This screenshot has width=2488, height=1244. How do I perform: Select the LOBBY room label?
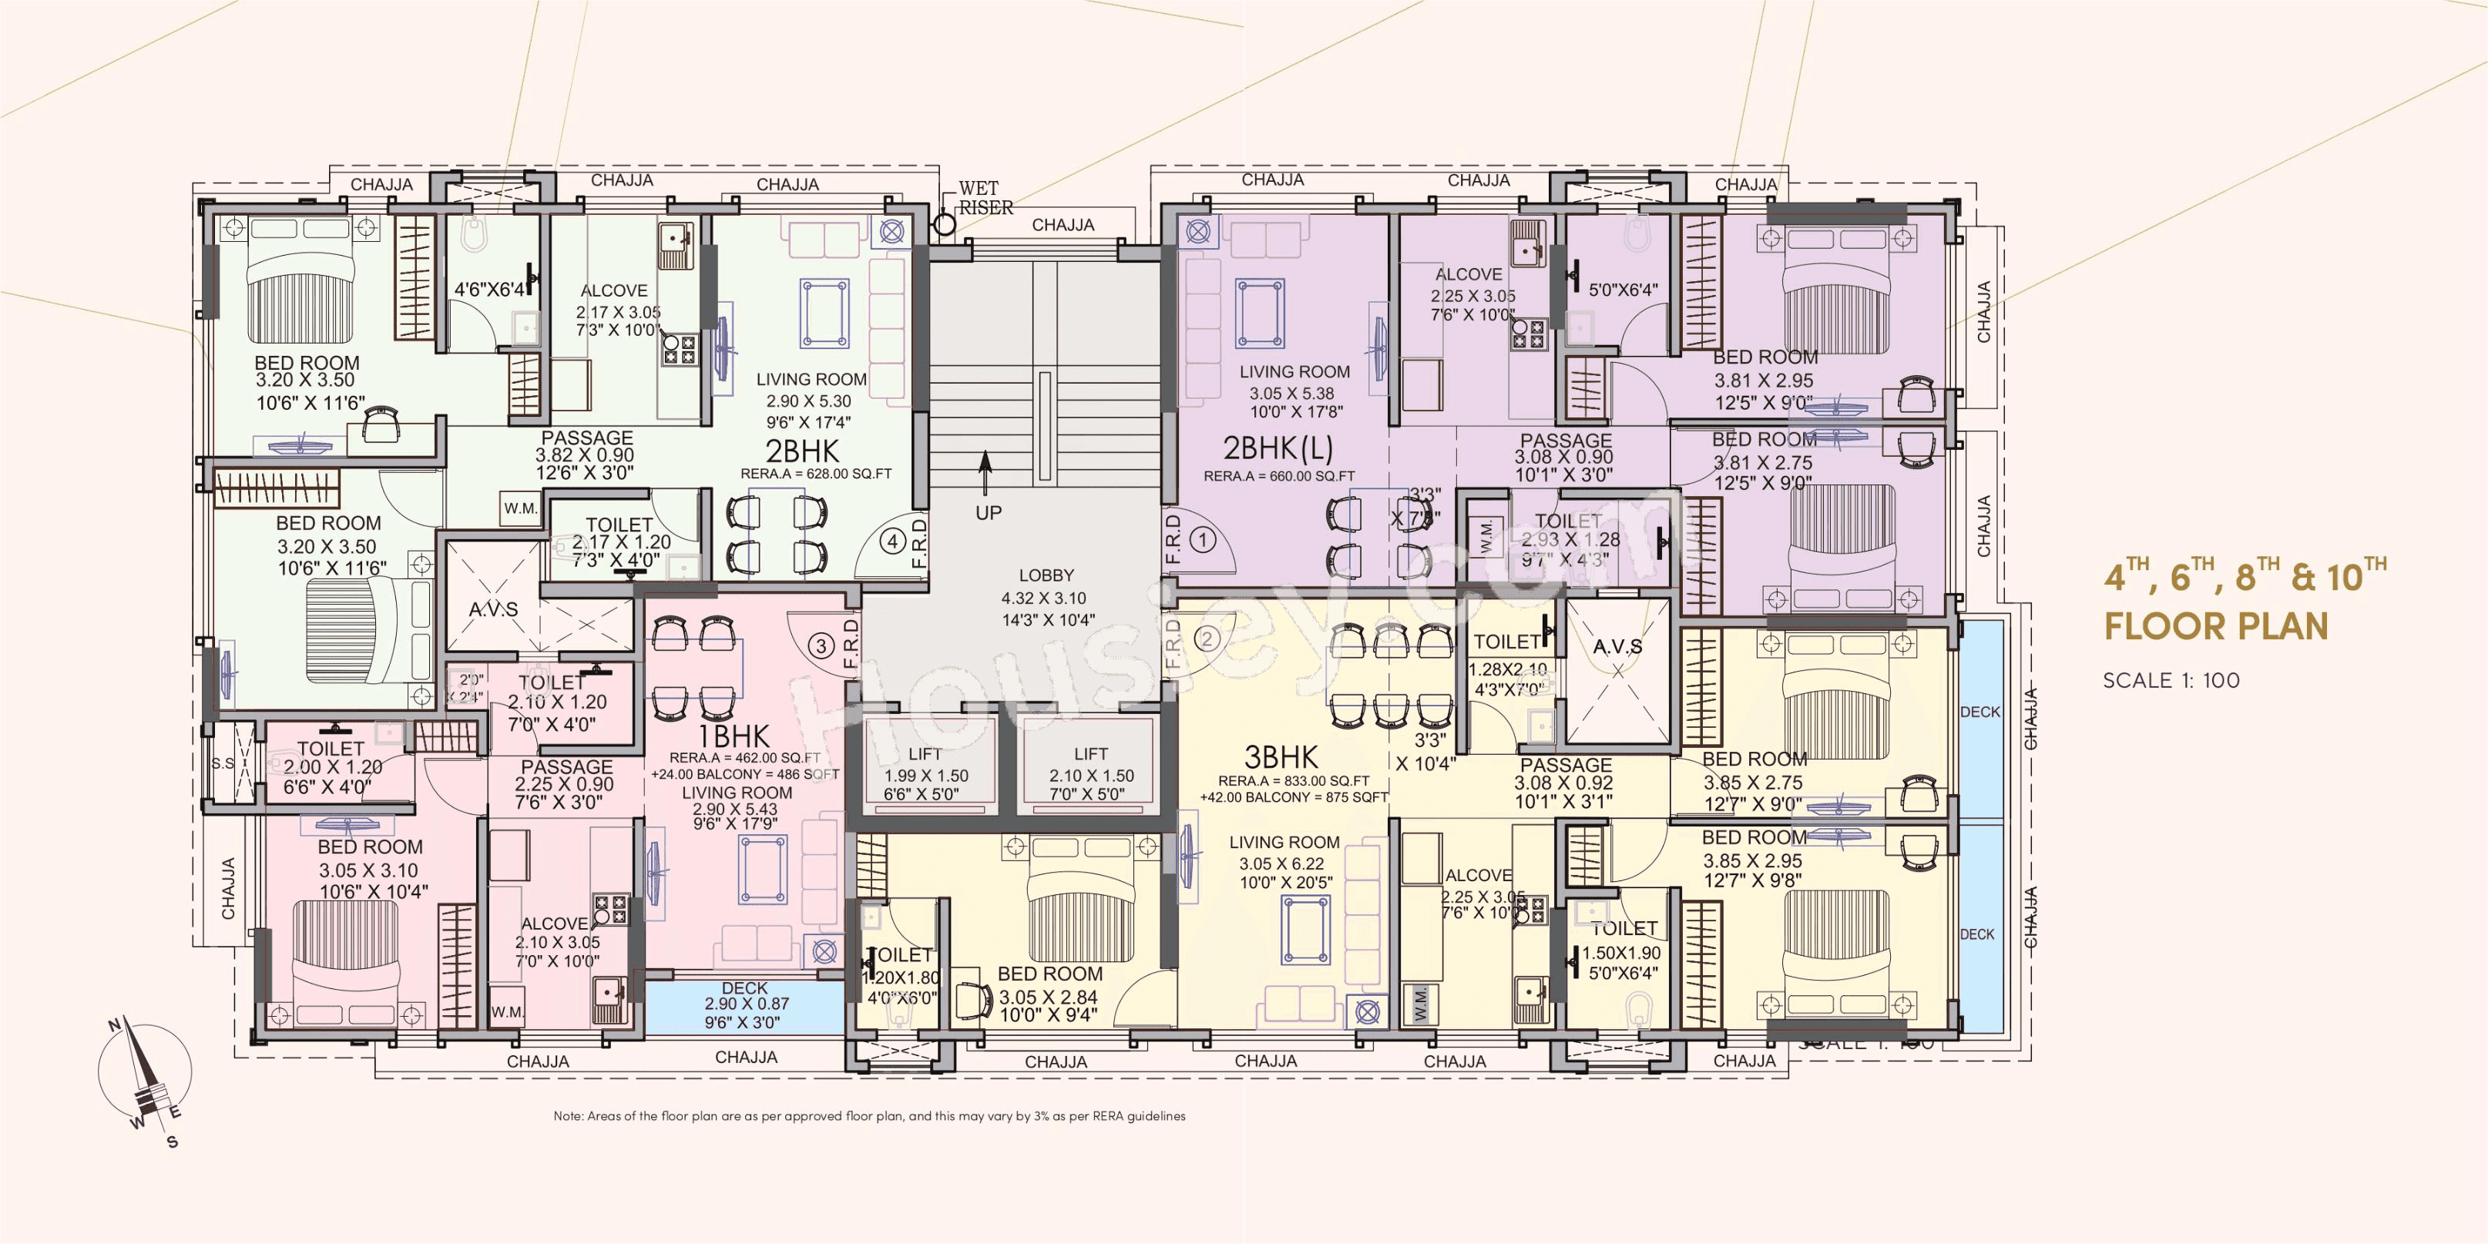[x=1046, y=575]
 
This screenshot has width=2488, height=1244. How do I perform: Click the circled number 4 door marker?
[x=892, y=542]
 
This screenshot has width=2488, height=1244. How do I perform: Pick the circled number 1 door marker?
[x=1203, y=539]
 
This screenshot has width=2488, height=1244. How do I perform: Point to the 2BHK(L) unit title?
[x=1278, y=448]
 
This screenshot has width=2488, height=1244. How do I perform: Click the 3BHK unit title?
[x=1281, y=756]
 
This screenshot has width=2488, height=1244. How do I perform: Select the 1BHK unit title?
[x=734, y=736]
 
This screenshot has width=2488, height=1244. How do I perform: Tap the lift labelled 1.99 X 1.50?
[x=925, y=773]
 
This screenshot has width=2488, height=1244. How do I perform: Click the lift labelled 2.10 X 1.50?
[x=1091, y=773]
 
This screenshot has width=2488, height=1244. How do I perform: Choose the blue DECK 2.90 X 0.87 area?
[x=744, y=1005]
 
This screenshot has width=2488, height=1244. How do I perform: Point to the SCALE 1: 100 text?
[x=2171, y=680]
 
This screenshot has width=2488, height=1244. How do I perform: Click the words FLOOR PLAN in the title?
[x=2216, y=626]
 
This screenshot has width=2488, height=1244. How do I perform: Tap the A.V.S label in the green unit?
[x=494, y=609]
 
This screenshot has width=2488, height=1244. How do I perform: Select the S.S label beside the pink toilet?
[x=223, y=763]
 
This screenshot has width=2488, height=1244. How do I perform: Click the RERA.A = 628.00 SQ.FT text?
[x=815, y=474]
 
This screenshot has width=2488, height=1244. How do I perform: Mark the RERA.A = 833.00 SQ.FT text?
[x=1293, y=780]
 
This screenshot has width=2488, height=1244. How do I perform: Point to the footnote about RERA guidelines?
[x=869, y=1115]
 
